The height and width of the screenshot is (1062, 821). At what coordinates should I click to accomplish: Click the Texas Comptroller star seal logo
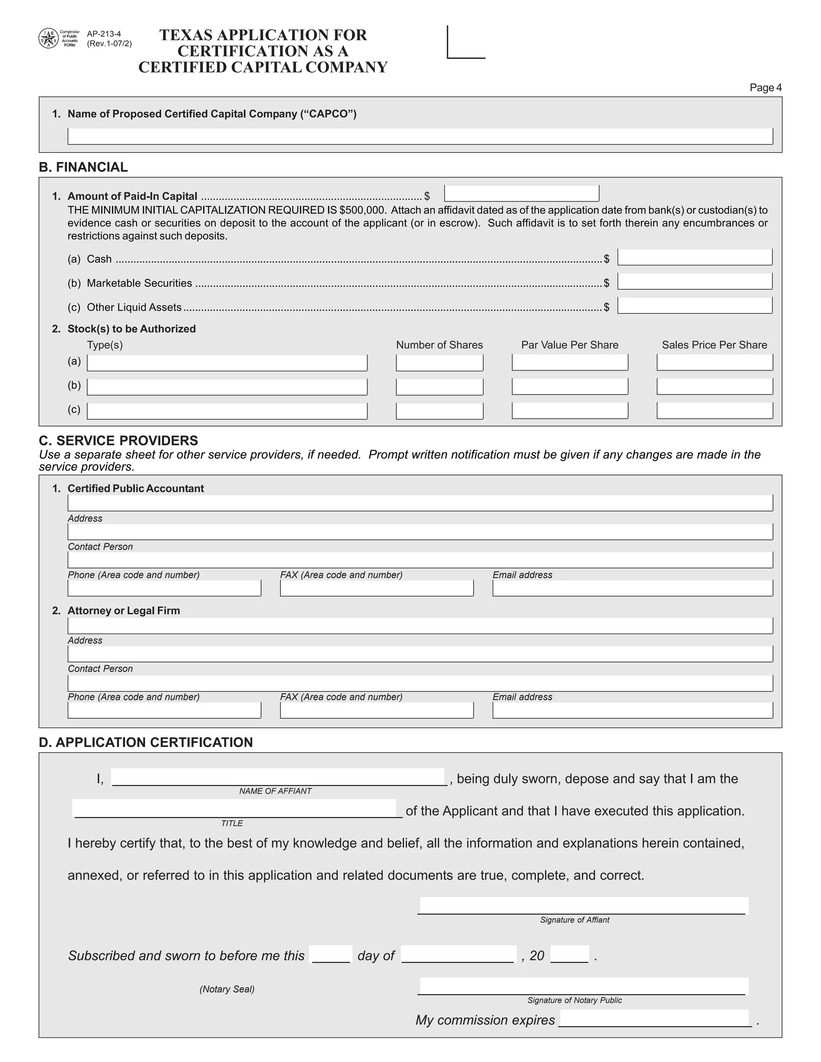pyautogui.click(x=48, y=38)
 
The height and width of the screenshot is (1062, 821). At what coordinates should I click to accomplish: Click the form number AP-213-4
pyautogui.click(x=103, y=34)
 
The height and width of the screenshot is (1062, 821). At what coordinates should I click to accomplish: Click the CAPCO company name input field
pyautogui.click(x=420, y=136)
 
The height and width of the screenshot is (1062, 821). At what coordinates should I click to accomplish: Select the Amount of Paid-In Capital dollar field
pyautogui.click(x=522, y=194)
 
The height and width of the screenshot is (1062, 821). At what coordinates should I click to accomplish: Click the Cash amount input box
pyautogui.click(x=695, y=257)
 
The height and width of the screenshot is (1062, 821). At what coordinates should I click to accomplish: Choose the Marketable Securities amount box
pyautogui.click(x=695, y=282)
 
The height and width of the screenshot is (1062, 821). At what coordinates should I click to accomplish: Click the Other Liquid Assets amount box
pyautogui.click(x=695, y=305)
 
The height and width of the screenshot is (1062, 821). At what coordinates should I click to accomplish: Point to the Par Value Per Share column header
pyautogui.click(x=570, y=345)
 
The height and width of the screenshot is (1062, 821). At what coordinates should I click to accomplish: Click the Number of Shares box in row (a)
pyautogui.click(x=439, y=363)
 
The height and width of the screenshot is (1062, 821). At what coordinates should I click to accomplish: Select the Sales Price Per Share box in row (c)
pyautogui.click(x=714, y=410)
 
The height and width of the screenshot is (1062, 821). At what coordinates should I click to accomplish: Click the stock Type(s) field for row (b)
pyautogui.click(x=226, y=387)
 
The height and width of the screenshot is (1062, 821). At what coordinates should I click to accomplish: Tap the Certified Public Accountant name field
pyautogui.click(x=420, y=503)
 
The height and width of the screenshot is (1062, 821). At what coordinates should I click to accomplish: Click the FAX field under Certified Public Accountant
pyautogui.click(x=376, y=588)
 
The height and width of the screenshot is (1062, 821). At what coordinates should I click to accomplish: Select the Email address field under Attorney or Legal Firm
pyautogui.click(x=632, y=710)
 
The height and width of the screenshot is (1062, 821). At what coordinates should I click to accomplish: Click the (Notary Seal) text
pyautogui.click(x=226, y=989)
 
